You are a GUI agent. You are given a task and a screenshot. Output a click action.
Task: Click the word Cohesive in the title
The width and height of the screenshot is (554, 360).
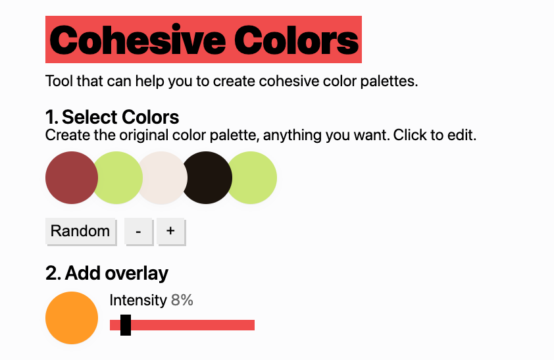pos(138,39)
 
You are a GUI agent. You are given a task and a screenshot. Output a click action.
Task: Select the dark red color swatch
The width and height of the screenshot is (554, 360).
pos(72,178)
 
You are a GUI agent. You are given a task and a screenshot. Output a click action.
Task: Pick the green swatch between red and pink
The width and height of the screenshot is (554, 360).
pos(118,178)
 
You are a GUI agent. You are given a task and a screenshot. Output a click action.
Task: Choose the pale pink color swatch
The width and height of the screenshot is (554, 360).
pos(163,178)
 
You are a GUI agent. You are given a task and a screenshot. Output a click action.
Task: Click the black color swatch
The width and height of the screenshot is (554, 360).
pos(207,178)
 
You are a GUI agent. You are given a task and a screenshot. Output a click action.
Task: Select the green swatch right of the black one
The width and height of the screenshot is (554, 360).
pos(251,178)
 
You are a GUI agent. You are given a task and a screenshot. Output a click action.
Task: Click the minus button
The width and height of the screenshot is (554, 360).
pos(138,232)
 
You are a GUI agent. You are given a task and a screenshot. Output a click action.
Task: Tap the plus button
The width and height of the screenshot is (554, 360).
pos(170,232)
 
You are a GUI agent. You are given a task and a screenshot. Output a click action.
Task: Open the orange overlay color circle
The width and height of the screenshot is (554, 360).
pos(72,318)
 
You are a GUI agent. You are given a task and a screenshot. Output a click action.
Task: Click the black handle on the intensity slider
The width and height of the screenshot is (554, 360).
pos(126,325)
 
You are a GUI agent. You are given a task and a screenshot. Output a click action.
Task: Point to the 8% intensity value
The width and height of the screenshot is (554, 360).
pos(182,300)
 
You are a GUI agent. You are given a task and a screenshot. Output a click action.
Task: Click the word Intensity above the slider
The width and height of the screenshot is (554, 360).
pos(138,301)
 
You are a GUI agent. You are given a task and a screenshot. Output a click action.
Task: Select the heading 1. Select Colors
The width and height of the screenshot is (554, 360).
pos(113,117)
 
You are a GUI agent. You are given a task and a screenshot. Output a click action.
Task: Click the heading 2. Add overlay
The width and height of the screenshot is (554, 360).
pos(107,273)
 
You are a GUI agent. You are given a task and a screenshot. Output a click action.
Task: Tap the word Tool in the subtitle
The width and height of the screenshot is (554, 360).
pos(59,81)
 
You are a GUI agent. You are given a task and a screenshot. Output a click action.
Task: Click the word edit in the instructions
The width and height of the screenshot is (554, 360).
pos(462,135)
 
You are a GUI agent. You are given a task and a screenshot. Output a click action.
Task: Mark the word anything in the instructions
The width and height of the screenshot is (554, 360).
pos(292,136)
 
